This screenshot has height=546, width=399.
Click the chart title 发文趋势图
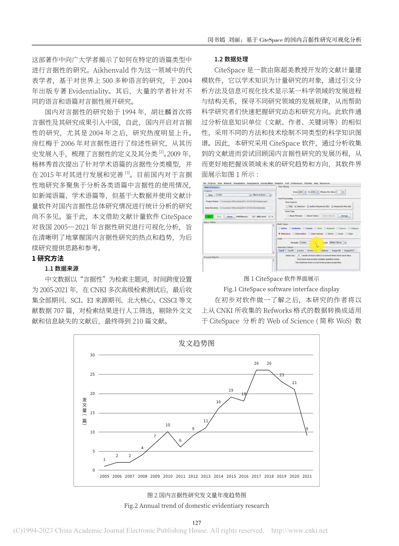point(197,343)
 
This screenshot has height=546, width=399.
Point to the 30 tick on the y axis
point(92,355)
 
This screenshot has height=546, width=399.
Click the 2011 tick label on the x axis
point(180,476)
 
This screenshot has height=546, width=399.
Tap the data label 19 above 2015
point(231,390)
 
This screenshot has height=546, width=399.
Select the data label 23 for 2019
point(282,375)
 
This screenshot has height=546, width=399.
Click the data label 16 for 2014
point(218,402)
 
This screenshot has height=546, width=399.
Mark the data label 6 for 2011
point(180,440)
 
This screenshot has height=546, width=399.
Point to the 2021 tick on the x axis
point(307,476)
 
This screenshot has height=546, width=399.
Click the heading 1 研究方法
point(48,258)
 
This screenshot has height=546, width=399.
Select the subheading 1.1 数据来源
point(62,268)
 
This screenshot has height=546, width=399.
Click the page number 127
point(197,523)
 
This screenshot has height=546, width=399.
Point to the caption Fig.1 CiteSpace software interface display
point(281,289)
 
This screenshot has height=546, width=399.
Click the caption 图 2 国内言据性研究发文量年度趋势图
point(197,495)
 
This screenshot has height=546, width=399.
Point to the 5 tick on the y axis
point(94,451)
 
